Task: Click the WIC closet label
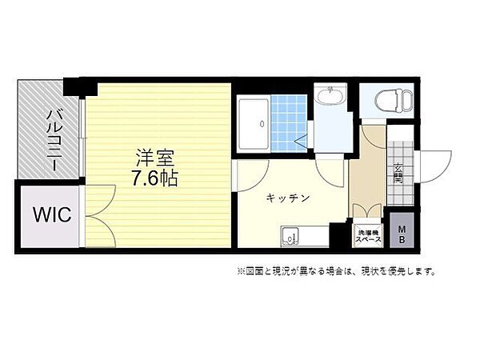point(52,214)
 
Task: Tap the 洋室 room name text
point(155,158)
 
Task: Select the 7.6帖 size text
point(155,178)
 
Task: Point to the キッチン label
point(288,198)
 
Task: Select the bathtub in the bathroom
point(253,123)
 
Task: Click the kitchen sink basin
point(289,237)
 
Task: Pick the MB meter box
point(402,230)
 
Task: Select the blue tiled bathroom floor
point(289,123)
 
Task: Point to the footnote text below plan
point(336,271)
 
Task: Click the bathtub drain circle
point(262,124)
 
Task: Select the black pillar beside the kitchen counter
point(338,235)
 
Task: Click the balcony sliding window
point(82,138)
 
